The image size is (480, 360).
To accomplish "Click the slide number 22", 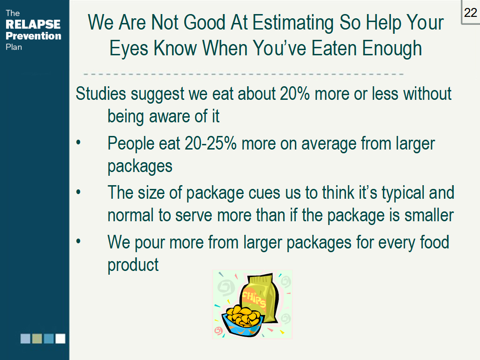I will point(470,13).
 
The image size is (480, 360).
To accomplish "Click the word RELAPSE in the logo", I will point(33,24).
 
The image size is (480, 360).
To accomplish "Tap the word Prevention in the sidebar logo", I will point(33,36).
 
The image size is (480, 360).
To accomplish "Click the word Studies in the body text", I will point(101,94).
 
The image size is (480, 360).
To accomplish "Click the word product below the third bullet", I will point(133,265).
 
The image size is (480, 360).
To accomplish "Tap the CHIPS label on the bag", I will point(254,299).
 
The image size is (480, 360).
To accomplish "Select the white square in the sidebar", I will point(60,338).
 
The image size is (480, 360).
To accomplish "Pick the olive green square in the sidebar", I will point(37,338).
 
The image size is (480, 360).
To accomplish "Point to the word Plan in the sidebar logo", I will point(14,47).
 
